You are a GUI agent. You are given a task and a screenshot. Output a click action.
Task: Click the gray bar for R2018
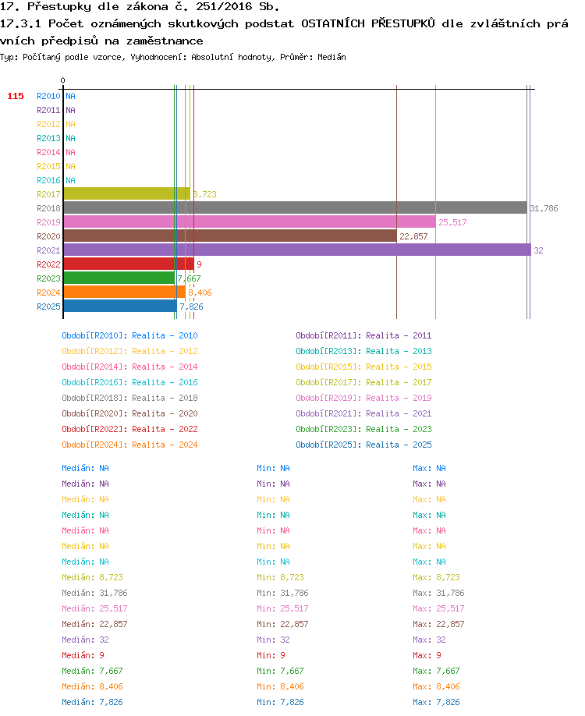tap(295, 207)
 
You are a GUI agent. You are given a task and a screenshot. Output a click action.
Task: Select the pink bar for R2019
tap(250, 222)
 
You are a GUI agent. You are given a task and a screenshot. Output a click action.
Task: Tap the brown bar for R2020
tap(230, 236)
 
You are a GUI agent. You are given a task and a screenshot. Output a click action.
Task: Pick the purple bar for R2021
tap(297, 250)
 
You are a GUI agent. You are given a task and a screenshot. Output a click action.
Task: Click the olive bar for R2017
tap(127, 193)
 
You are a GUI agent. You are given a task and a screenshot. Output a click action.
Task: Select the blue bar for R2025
tap(120, 306)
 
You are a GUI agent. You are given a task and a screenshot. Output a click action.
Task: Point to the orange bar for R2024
tap(125, 292)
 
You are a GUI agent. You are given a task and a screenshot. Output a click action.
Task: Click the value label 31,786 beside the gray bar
tap(544, 208)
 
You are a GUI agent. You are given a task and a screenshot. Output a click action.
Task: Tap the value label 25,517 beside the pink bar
tap(452, 222)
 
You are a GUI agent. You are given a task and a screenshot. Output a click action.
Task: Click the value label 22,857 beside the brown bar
tap(413, 236)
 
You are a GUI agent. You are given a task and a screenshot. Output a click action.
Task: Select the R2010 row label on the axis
tap(48, 96)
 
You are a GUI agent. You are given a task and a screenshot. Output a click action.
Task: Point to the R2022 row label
tap(48, 264)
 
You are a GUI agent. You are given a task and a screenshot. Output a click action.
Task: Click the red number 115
tap(16, 96)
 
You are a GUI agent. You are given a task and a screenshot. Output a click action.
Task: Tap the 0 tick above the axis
tap(62, 80)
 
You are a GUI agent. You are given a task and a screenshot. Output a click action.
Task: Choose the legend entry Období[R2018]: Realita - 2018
tap(129, 398)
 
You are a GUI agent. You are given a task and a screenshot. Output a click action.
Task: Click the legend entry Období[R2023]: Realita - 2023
tap(363, 429)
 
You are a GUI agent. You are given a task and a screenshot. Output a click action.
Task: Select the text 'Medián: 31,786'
tap(94, 593)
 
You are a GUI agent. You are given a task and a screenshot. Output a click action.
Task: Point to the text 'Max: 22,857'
tap(438, 624)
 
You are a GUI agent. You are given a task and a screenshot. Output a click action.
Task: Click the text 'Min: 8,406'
tap(280, 686)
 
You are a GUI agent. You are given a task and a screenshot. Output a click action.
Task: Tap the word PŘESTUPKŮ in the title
tap(402, 23)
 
